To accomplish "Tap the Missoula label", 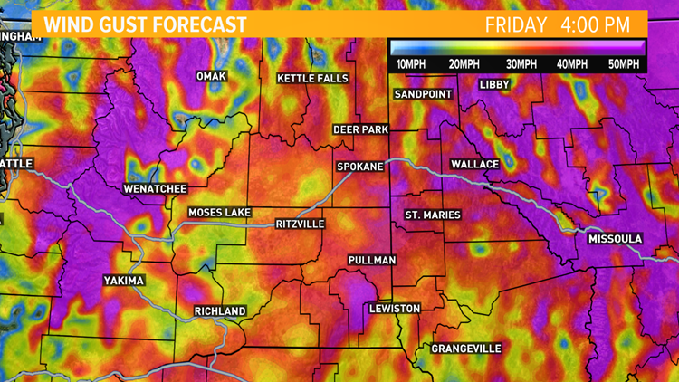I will [615, 239].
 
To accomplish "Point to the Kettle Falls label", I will [312, 79].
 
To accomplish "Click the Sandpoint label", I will [424, 94].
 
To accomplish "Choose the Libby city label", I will [495, 85].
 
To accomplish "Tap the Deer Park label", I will [360, 130].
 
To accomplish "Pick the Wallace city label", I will [475, 164].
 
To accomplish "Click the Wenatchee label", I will [155, 189].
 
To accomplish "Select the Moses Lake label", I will [218, 213].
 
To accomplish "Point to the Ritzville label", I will [301, 224].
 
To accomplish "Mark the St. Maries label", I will [433, 215].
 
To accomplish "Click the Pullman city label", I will [372, 261].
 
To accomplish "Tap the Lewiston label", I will [395, 309].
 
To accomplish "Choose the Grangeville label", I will [466, 349].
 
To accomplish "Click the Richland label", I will [220, 311].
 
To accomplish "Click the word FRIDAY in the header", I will [516, 24].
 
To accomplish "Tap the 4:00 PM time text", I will [598, 24].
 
